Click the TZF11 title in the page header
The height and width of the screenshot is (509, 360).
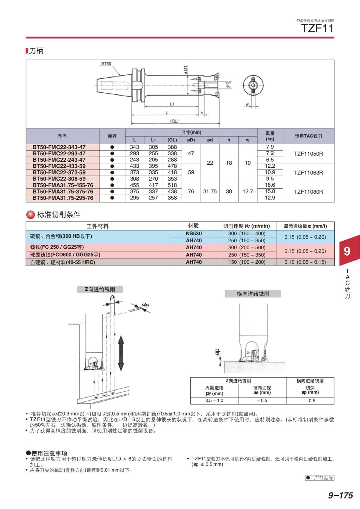[317, 29]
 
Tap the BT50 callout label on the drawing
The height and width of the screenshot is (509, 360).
[106, 64]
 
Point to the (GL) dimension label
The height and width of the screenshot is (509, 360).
[174, 121]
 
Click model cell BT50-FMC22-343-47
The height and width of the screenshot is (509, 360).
[59, 147]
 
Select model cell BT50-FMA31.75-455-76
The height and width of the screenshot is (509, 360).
[63, 185]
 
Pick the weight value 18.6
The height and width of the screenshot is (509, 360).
[270, 185]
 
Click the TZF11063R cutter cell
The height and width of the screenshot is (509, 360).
[308, 172]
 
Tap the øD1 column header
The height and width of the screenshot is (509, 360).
[191, 140]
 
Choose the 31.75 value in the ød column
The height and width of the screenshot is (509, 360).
[210, 191]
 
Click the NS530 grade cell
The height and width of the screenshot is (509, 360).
[193, 233]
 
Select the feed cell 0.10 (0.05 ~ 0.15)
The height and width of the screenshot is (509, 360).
[305, 262]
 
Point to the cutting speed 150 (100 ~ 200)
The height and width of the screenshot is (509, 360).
[247, 262]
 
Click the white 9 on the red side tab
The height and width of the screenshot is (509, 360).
[347, 251]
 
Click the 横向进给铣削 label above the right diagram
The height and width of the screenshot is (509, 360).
[253, 294]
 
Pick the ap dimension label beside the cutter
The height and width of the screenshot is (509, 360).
[217, 352]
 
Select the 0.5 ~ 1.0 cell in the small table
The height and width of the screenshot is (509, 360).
[214, 400]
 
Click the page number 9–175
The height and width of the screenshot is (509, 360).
[340, 495]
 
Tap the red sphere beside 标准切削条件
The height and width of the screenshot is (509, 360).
[31, 215]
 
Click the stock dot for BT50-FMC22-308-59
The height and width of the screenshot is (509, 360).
[112, 179]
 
